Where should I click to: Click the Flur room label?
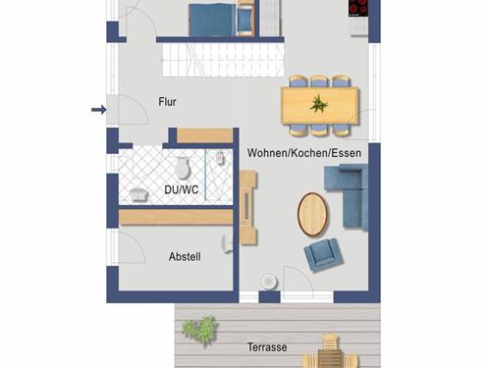pos(167,102)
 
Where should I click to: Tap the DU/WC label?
pos(182,189)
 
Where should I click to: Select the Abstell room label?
pos(185,256)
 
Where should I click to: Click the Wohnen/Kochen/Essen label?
pos(304,153)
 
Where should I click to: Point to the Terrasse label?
pos(267,347)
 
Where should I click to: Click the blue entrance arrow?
pos(98,110)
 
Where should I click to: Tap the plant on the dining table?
pos(319,104)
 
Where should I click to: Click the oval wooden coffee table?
pos(312,214)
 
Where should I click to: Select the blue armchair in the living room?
pos(323,255)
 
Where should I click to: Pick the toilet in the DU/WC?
pos(182,167)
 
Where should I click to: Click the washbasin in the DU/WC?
pos(139,194)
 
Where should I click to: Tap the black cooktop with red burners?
pos(358,8)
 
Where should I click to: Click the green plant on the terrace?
pos(200,329)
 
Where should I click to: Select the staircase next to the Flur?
pos(223,60)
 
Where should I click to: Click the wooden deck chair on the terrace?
pos(331,351)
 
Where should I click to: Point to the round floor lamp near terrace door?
pos(269,281)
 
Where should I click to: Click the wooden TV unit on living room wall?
pos(247,208)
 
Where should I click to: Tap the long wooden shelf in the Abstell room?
pos(176,217)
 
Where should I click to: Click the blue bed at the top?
pos(212,19)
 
